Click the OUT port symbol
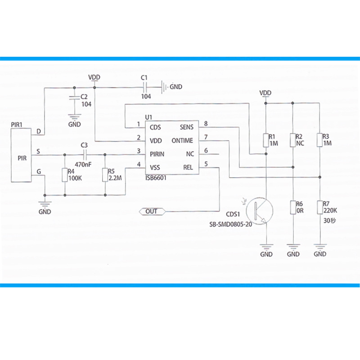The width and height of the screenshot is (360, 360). click(x=152, y=211)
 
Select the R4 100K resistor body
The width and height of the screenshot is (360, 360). click(x=65, y=175)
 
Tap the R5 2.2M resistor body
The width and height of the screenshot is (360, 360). click(x=105, y=175)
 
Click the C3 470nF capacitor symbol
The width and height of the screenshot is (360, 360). click(x=85, y=155)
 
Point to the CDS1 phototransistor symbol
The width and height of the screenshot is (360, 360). click(x=260, y=211)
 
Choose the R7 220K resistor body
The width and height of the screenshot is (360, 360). click(x=320, y=207)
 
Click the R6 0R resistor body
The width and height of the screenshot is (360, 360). click(x=293, y=207)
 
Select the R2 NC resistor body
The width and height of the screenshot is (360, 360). click(x=293, y=140)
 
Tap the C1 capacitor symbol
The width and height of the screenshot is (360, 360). click(x=144, y=87)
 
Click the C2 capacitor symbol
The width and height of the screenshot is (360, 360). click(x=74, y=97)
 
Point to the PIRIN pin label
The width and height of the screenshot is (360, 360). click(x=157, y=154)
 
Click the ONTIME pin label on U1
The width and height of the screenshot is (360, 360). click(x=182, y=140)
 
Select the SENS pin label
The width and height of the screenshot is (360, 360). click(x=186, y=127)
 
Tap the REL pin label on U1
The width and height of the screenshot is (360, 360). click(x=188, y=167)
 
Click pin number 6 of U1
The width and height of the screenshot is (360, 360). click(x=206, y=151)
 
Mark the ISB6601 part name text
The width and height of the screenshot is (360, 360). click(x=156, y=178)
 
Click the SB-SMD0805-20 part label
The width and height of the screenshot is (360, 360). click(x=230, y=224)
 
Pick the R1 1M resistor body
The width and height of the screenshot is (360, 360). click(x=266, y=140)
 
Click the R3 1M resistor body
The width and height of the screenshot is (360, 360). click(x=320, y=140)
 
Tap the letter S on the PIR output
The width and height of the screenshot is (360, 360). click(x=38, y=152)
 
